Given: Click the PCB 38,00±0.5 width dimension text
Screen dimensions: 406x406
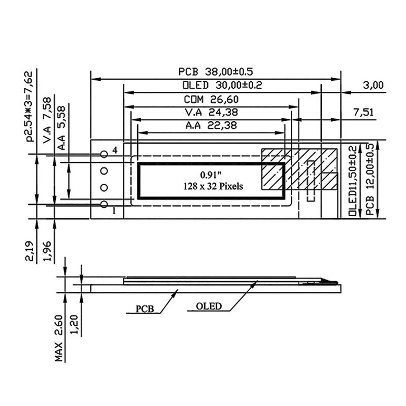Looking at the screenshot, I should [215, 71].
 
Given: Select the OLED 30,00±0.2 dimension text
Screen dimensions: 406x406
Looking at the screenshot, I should [215, 85].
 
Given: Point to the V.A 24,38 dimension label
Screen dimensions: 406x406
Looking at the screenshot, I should [212, 112].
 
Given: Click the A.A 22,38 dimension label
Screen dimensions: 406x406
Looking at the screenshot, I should [212, 125].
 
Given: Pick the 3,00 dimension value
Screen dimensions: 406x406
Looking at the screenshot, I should [374, 85].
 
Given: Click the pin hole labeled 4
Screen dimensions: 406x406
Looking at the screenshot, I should [104, 154].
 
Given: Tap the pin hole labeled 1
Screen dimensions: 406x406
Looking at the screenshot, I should [104, 205].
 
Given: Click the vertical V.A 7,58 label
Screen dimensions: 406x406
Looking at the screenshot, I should [47, 121].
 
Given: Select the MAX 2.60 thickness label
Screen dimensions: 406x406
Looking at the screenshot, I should [59, 338].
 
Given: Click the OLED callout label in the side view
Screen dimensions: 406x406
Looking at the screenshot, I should [209, 306].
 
